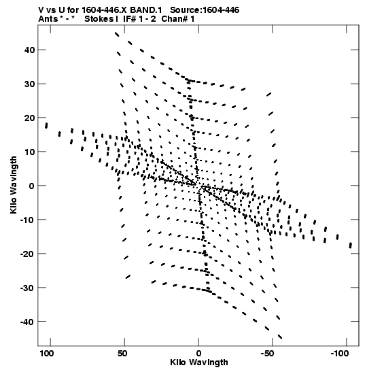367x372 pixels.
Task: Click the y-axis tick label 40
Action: (29, 50)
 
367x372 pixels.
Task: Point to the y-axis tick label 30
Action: (29, 84)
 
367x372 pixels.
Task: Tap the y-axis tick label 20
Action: (29, 118)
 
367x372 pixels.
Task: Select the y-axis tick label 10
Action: (29, 152)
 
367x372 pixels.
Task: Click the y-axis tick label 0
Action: (32, 186)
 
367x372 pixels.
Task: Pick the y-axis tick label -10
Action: (27, 220)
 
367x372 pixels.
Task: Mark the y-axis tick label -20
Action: (27, 254)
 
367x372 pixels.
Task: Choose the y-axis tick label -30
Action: (27, 288)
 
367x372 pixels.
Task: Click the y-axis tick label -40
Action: (27, 322)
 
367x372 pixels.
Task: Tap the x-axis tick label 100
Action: (47, 354)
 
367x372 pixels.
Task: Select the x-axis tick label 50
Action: (122, 354)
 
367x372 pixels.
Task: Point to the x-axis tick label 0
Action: (198, 354)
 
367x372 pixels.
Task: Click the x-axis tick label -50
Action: (267, 354)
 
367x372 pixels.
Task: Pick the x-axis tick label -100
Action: (340, 354)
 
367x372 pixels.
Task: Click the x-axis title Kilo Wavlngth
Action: (199, 362)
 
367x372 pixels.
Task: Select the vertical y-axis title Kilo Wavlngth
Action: (14, 185)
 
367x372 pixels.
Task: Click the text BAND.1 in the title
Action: (146, 10)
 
